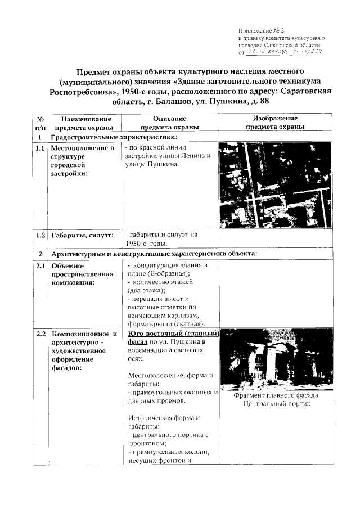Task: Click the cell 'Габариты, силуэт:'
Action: click(82, 235)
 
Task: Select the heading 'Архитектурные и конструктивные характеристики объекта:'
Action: click(154, 253)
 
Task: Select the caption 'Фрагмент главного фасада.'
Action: click(276, 395)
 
